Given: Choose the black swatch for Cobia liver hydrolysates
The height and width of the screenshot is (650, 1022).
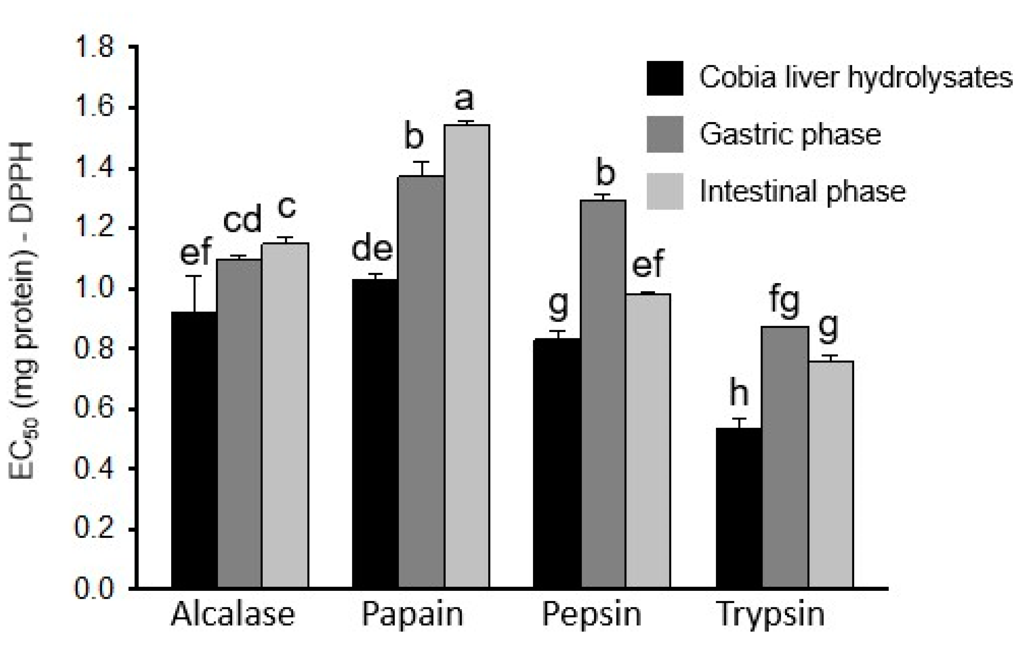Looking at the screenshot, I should tap(665, 78).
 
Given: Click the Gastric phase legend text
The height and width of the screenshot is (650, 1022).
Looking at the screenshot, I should tap(790, 135).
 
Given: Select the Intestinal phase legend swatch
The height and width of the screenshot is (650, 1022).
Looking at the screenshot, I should tap(665, 191).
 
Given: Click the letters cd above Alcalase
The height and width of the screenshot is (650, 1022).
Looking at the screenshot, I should tap(242, 221).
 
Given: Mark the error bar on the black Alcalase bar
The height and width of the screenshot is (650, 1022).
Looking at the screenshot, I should tap(195, 293).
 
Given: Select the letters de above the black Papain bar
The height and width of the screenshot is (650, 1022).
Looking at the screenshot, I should tap(372, 249).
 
